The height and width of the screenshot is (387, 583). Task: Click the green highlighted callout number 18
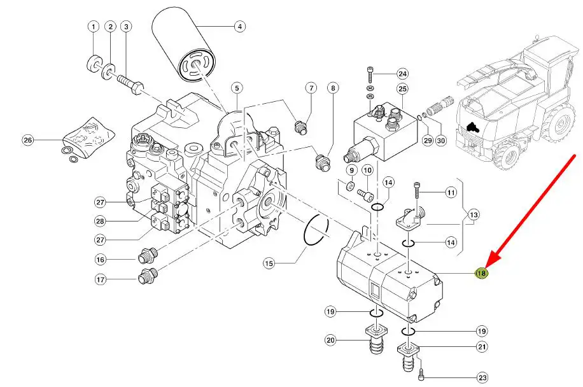pos(482,273)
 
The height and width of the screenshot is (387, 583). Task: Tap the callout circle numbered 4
pos(239,27)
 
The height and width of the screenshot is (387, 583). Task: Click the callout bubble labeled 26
pos(27,140)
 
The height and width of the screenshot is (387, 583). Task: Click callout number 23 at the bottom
pos(482,378)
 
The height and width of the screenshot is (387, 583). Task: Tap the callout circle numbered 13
pos(473,216)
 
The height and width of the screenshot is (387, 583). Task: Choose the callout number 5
pos(237,87)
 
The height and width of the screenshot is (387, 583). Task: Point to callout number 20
pos(331,341)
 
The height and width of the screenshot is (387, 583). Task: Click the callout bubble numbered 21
pos(482,347)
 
